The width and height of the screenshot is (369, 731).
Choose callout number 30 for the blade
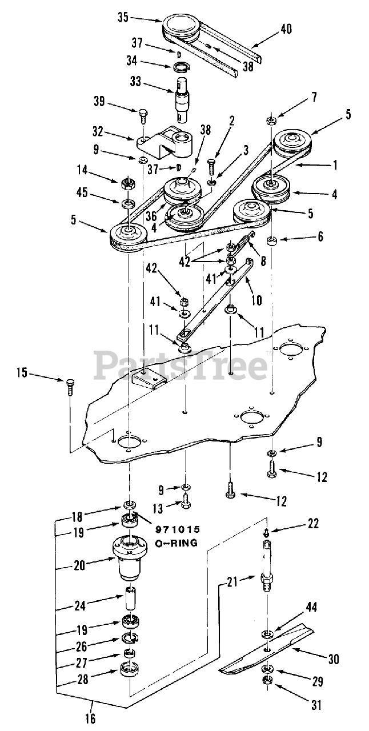pyautogui.click(x=334, y=659)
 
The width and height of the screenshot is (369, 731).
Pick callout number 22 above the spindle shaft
pyautogui.click(x=313, y=523)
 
